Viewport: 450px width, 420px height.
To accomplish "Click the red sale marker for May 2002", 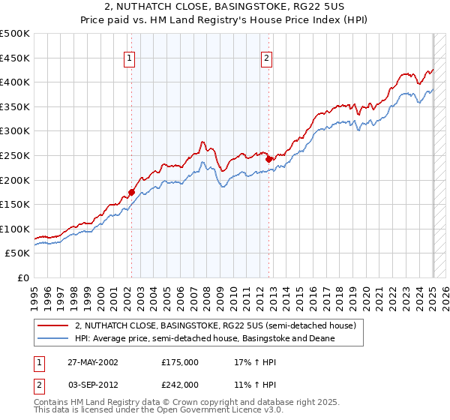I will [131, 192].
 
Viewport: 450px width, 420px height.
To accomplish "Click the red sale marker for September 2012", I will [268, 159].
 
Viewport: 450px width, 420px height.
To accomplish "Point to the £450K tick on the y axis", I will [15, 58].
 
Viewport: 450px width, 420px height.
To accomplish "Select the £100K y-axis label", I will [15, 229].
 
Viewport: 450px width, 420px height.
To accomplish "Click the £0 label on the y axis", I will [22, 277].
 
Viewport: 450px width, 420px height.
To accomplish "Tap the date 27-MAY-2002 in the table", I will [91, 361].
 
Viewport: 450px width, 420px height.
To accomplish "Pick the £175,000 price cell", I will [180, 361].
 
